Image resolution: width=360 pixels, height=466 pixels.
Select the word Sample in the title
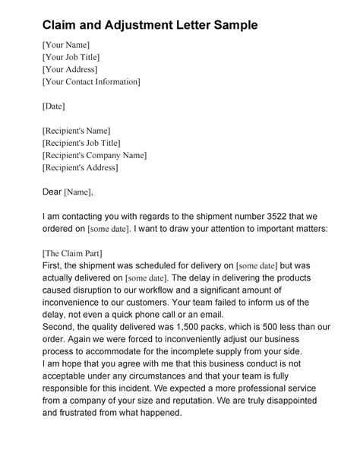tap(231, 25)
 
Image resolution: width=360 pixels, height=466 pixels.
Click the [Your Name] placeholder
tap(66, 45)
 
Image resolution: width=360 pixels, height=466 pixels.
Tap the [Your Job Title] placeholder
tap(71, 57)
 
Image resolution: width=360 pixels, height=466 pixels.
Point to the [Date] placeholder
tap(55, 106)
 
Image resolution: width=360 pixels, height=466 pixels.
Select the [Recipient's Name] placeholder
tap(77, 131)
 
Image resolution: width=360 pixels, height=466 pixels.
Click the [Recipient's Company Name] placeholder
tap(94, 155)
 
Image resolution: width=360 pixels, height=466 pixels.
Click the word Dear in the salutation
tap(52, 192)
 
